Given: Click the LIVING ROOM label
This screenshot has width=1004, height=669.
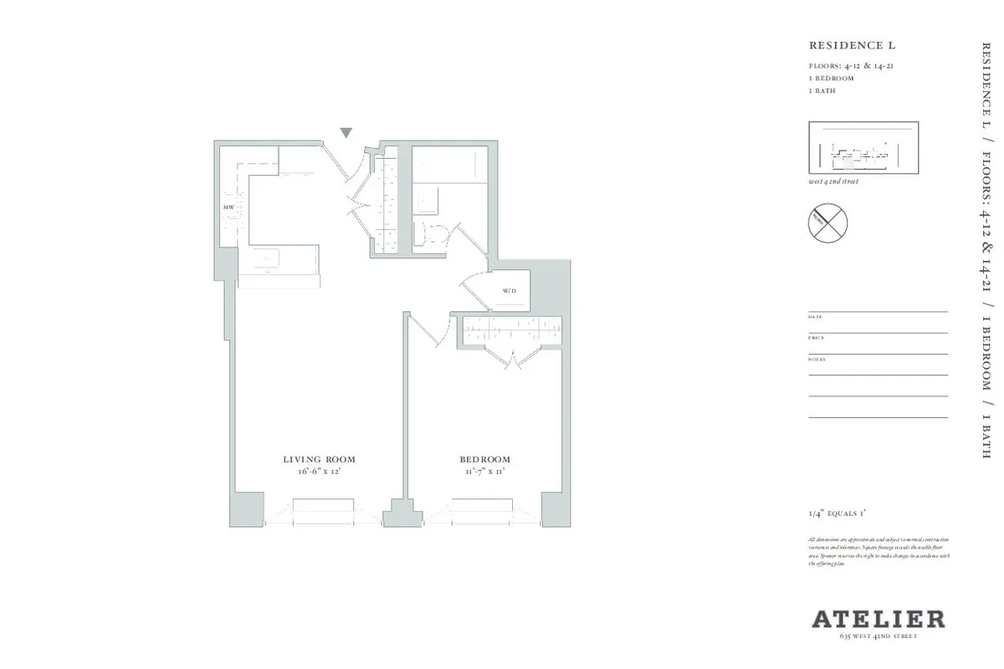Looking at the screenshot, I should coord(319,459).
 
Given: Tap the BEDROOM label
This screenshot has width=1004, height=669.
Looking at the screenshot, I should coord(484,459).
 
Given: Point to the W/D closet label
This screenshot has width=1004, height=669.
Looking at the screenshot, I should coord(509,292).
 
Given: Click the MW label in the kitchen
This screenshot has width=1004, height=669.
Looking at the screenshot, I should coord(228,206).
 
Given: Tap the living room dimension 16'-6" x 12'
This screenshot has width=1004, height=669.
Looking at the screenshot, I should coord(319,472).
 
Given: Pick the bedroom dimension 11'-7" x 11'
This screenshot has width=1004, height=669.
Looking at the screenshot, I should coord(484,472).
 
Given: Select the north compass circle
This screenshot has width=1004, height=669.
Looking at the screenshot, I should coord(827,221).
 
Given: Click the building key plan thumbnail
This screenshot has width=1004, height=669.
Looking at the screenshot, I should coord(863,147).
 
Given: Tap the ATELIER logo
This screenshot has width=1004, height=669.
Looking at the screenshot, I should coord(878,620).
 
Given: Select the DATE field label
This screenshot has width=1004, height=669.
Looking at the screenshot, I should coord(815,317).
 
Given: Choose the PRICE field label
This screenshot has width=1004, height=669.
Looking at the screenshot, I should coord(817,338).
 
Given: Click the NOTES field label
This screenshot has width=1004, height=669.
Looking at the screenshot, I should coord(817,359).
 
